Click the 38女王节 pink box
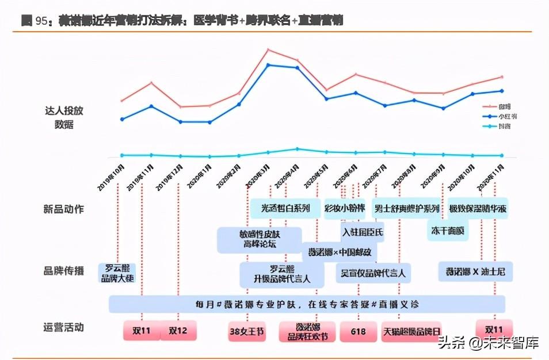click(247, 331)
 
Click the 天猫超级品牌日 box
click(411, 331)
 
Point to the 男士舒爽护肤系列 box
click(406, 208)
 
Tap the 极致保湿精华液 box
click(478, 208)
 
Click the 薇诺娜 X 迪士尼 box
click(475, 271)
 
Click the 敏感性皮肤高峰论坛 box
click(259, 239)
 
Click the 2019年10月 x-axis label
click(110, 178)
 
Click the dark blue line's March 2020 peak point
click(268, 64)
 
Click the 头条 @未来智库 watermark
click(488, 343)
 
